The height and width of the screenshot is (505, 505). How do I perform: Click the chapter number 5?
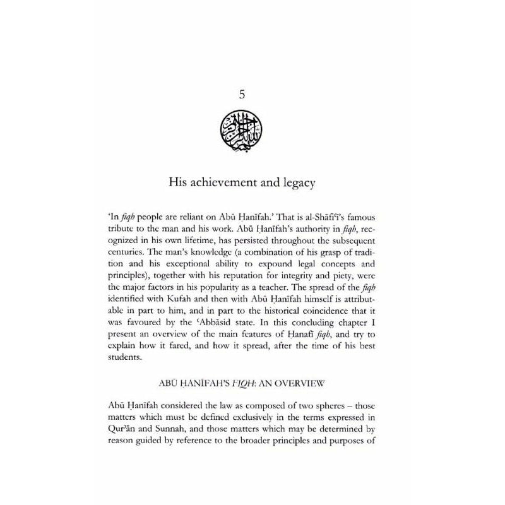tap(242, 95)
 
